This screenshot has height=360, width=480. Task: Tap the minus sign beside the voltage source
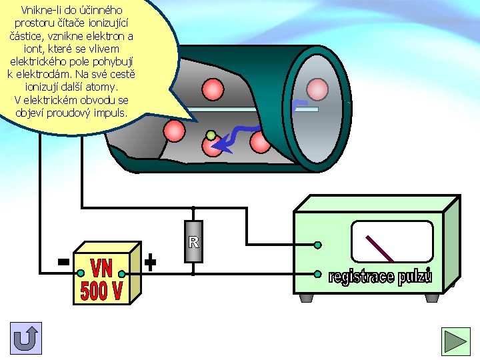click(x=63, y=263)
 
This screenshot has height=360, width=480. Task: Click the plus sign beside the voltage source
click(x=151, y=263)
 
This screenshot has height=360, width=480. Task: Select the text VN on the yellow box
click(x=101, y=269)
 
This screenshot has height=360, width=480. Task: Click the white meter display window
click(x=391, y=241)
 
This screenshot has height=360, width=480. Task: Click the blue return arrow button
click(x=26, y=338)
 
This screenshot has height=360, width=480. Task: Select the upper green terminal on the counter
click(x=318, y=245)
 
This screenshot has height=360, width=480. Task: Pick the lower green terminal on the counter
click(x=318, y=273)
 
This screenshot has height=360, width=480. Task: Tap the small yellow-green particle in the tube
click(x=211, y=136)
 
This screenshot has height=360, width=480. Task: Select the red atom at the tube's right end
click(x=318, y=89)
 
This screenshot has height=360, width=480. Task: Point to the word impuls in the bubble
click(x=107, y=113)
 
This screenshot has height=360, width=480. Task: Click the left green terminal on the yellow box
click(x=81, y=273)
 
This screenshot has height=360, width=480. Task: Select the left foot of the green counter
click(x=307, y=296)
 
